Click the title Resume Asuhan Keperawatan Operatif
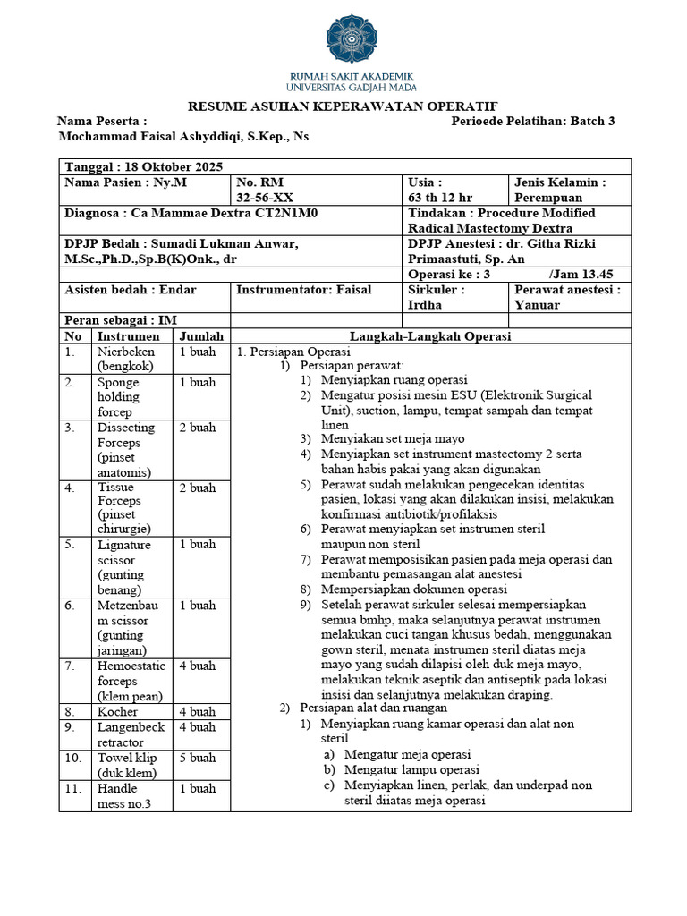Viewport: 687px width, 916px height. [x=343, y=106]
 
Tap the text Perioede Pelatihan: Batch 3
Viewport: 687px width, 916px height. [x=533, y=122]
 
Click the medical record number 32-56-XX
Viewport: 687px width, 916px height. [x=263, y=198]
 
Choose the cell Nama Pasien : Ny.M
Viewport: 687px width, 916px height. [x=126, y=182]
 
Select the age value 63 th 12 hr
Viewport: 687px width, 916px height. [x=440, y=198]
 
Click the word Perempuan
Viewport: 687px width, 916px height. [x=548, y=198]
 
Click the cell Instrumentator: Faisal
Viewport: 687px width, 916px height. [x=303, y=290]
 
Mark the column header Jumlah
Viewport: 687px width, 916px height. [x=201, y=336]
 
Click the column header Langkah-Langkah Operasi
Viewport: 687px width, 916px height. [x=430, y=336]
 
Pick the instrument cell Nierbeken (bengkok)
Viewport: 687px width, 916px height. [x=125, y=360]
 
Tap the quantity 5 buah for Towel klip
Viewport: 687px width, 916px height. [x=198, y=759]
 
